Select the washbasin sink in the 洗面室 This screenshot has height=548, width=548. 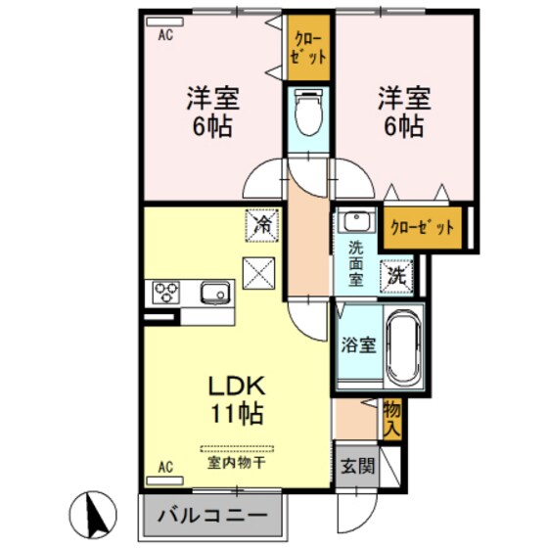pos(353,221)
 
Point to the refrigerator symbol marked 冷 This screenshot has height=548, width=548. pos(262,224)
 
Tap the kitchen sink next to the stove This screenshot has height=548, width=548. pos(214,293)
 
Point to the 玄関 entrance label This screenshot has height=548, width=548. pos(356,464)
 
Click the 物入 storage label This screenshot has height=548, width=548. pos(391,416)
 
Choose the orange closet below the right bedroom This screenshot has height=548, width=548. pos(422,227)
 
